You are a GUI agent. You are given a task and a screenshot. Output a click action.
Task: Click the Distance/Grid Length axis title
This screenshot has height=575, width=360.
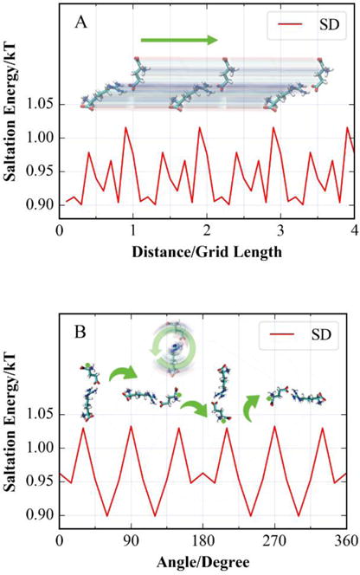point(206,251)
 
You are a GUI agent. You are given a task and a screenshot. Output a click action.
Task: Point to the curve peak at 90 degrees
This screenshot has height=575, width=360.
point(131,426)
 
